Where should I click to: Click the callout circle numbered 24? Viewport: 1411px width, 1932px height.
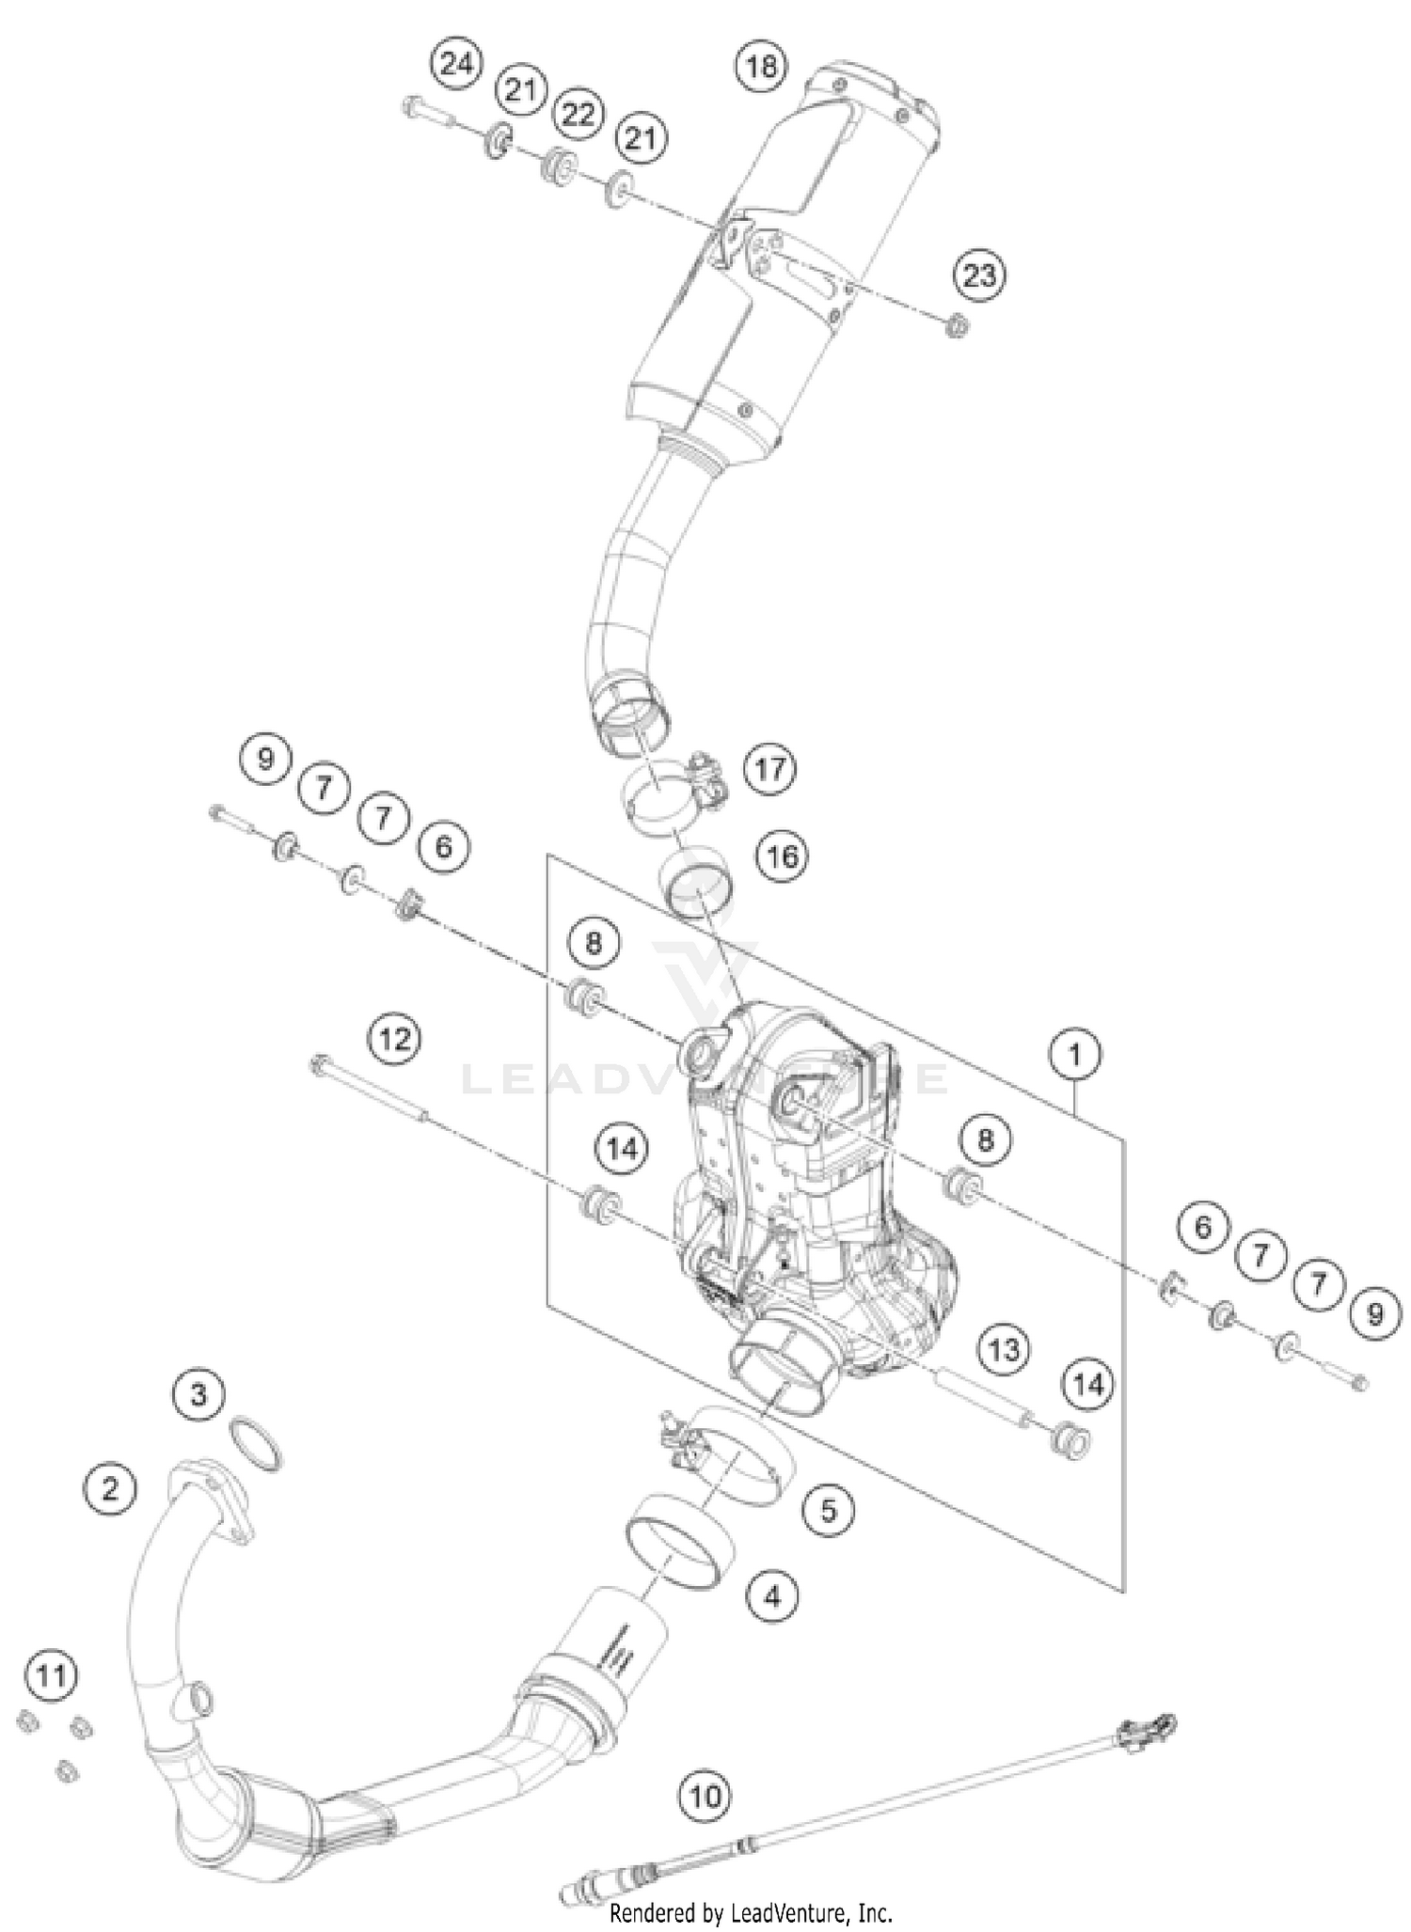455,65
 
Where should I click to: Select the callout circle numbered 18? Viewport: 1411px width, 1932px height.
761,66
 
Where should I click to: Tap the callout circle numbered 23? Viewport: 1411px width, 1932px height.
979,275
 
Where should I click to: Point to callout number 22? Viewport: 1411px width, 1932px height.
579,114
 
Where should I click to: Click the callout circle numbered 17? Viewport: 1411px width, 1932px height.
769,769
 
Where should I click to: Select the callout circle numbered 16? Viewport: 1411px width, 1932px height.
783,856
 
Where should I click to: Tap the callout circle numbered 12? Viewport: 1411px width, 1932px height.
395,1039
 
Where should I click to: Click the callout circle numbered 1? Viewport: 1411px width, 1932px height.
1074,1055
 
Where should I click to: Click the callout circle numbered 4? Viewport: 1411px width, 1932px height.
772,1595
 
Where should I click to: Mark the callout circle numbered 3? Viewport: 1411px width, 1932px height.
198,1393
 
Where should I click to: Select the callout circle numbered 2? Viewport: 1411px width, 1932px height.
111,1488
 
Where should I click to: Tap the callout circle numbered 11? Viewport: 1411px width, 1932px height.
52,1674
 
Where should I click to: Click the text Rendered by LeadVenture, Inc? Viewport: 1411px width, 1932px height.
751,1912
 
